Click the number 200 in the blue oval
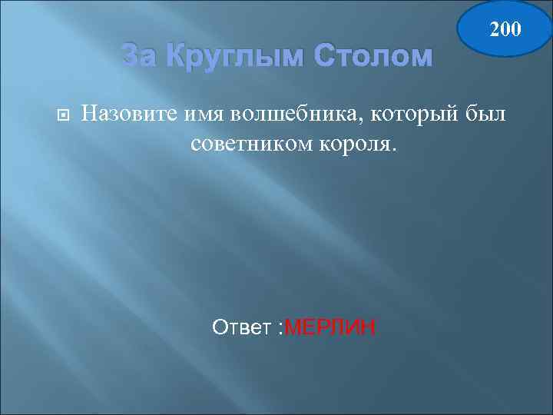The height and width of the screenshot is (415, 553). coord(505,29)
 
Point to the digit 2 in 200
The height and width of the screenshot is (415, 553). coord(494,29)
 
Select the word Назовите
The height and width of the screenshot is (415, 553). coord(131,115)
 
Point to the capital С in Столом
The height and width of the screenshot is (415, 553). coord(317,56)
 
